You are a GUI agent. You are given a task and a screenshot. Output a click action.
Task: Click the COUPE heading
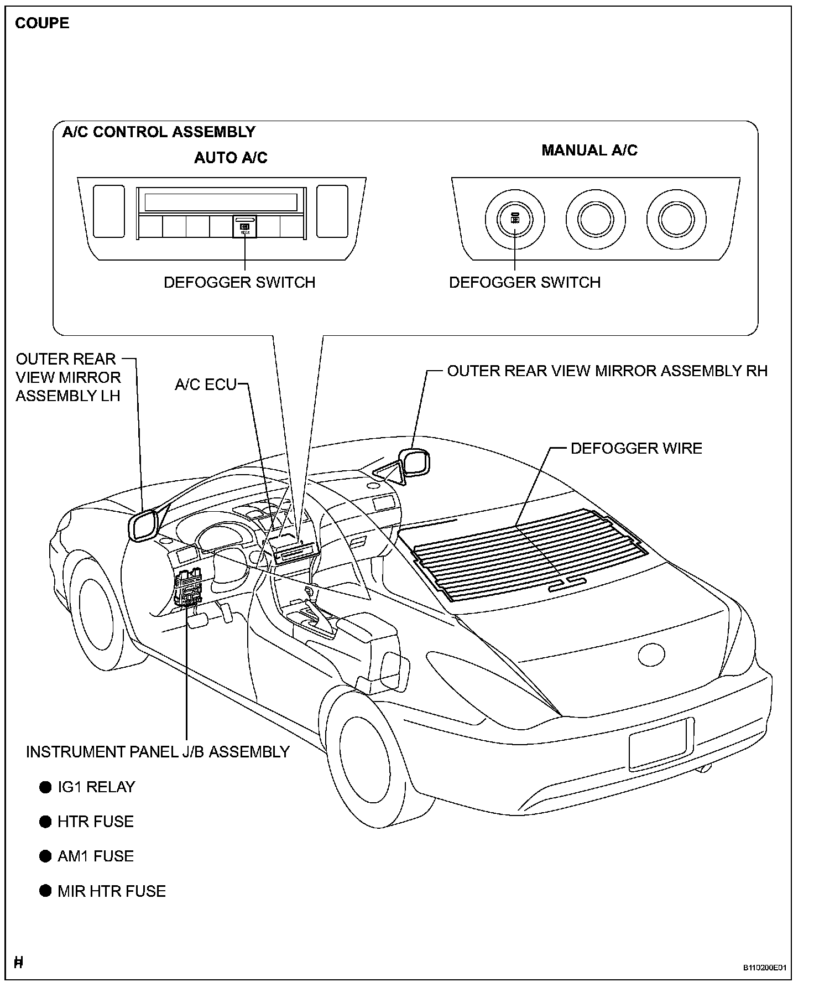click(x=42, y=23)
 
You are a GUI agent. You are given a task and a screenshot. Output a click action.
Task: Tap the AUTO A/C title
click(x=231, y=158)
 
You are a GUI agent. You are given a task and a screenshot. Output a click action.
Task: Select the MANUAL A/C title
click(x=589, y=150)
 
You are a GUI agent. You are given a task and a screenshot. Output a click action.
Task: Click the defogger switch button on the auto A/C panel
click(x=245, y=226)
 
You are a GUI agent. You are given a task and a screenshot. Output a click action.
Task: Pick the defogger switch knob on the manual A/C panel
click(x=515, y=219)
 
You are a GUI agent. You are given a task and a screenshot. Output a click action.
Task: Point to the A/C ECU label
click(x=206, y=385)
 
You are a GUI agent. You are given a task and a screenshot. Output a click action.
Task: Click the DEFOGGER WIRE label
click(x=636, y=448)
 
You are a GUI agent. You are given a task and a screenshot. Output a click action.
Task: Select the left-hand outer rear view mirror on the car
click(x=143, y=524)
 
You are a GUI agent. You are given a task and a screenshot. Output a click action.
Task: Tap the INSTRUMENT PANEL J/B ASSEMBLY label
click(x=158, y=752)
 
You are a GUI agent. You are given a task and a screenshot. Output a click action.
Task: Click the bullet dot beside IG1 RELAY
click(x=45, y=787)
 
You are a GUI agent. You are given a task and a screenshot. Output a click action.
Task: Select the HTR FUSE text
click(x=96, y=822)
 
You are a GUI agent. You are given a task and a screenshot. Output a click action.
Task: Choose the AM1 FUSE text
click(x=96, y=856)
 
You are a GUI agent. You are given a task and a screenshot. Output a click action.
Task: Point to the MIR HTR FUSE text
click(x=112, y=891)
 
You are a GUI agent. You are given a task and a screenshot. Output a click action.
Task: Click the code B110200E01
click(x=764, y=968)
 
